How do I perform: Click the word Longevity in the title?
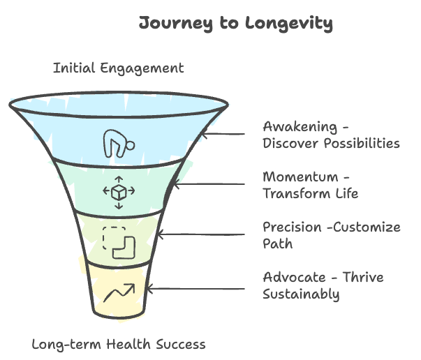tap(289, 23)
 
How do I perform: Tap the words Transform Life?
tap(310, 193)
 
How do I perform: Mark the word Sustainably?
tap(301, 294)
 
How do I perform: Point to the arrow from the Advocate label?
tap(196, 287)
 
